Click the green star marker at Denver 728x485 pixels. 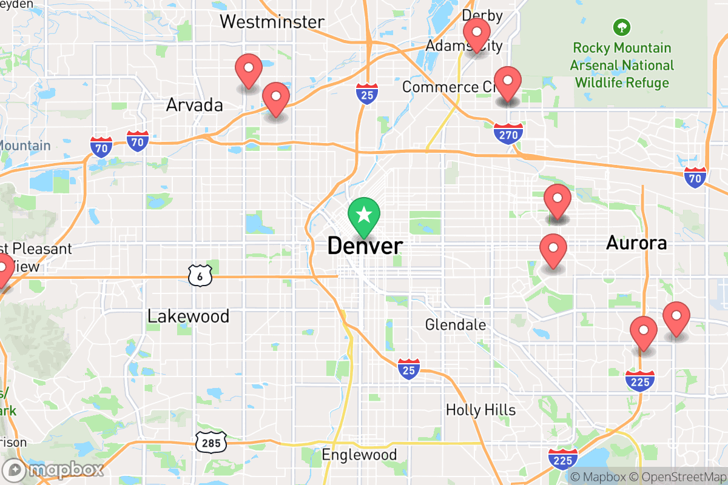pos(364,216)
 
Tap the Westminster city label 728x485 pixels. pos(272,22)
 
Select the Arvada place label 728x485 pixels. pos(195,105)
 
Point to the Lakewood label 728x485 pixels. pos(189,316)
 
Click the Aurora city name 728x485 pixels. pos(636,243)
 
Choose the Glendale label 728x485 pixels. pos(456,324)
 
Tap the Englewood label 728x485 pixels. pos(359,455)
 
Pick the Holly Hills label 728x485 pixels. pos(480,410)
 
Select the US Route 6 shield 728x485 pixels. pos(199,276)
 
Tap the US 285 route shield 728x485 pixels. pos(211,443)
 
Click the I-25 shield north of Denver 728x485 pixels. pos(366,94)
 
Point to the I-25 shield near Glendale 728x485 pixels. pos(409,369)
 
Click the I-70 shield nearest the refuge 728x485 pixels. pos(695,177)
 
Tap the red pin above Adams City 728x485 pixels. pos(477,34)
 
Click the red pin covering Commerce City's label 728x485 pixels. pos(507,82)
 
